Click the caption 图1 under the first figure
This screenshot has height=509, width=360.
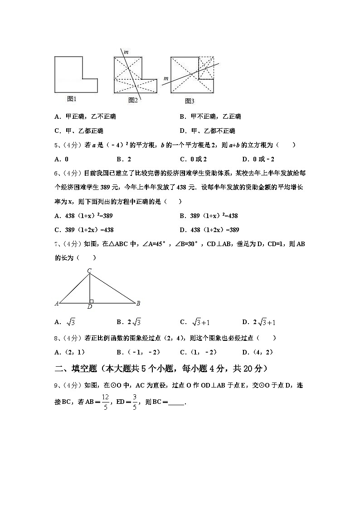pyautogui.click(x=72, y=98)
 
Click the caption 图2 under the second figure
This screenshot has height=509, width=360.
pyautogui.click(x=133, y=100)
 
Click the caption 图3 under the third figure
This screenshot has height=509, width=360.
pyautogui.click(x=190, y=101)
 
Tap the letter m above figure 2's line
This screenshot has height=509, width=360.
pyautogui.click(x=126, y=52)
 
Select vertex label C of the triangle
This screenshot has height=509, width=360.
pyautogui.click(x=90, y=271)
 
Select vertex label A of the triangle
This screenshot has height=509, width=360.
pyautogui.click(x=57, y=303)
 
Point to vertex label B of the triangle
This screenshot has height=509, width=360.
pyautogui.click(x=138, y=303)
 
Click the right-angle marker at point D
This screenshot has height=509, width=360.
pyautogui.click(x=92, y=301)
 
